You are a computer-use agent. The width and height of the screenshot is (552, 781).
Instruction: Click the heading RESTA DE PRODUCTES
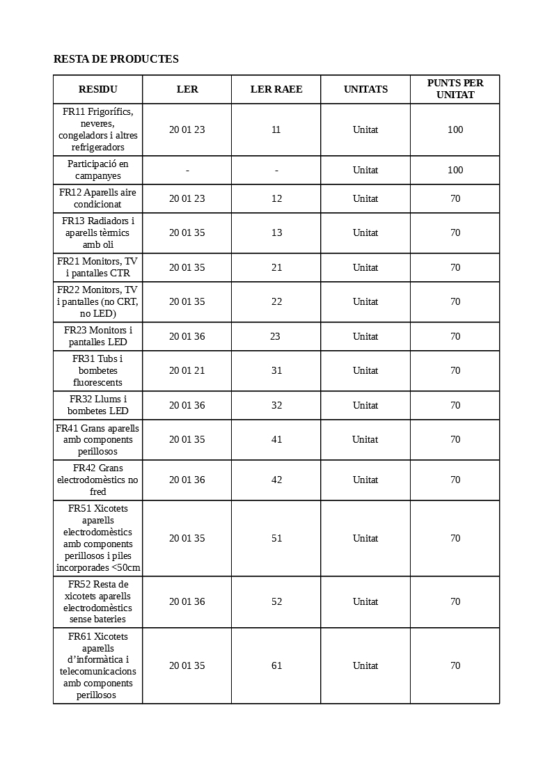116,59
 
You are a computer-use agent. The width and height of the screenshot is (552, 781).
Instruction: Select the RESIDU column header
98,89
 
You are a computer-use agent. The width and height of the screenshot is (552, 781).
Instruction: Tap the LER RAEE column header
276,89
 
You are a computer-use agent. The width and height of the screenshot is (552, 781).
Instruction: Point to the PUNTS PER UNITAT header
455,89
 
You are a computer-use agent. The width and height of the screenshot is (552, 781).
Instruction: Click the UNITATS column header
365,89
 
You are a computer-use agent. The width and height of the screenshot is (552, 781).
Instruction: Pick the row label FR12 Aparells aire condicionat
98,198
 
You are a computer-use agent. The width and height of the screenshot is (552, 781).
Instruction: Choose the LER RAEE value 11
276,129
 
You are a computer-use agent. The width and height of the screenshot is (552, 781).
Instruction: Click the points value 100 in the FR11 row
455,129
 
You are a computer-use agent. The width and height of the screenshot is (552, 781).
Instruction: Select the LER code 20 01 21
187,370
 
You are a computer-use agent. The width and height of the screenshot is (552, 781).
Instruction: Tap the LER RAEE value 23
275,336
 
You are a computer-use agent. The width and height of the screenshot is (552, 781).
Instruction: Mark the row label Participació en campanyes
98,170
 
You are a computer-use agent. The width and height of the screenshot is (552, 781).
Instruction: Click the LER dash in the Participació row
187,170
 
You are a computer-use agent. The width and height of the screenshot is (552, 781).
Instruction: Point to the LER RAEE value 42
277,480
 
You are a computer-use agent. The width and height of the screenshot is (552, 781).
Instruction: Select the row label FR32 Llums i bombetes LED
98,405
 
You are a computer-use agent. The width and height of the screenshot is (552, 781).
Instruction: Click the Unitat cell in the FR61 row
365,665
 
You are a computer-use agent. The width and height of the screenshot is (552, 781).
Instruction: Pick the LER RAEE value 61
277,665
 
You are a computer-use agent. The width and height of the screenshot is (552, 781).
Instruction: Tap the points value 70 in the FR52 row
455,601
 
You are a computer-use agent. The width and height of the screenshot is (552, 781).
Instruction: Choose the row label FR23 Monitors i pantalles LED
98,336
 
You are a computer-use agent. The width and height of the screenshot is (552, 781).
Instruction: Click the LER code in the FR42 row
187,480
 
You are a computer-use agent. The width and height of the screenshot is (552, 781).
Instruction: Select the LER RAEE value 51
277,538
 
